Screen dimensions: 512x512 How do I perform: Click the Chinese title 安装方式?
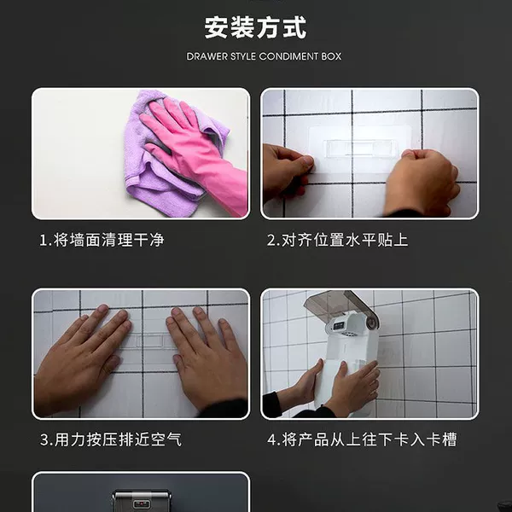255,28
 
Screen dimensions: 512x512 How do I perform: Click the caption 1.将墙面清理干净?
102,240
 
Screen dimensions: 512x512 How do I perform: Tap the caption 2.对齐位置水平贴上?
337,240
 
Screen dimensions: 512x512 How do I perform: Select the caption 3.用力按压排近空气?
111,439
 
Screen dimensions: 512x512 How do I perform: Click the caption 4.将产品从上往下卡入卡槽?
362,439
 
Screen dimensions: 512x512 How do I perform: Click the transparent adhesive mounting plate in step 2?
359,149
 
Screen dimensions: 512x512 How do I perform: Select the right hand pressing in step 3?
206,359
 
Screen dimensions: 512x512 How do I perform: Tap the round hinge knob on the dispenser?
371,323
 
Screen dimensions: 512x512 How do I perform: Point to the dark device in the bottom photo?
142,501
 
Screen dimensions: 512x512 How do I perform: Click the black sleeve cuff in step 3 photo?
225,408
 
